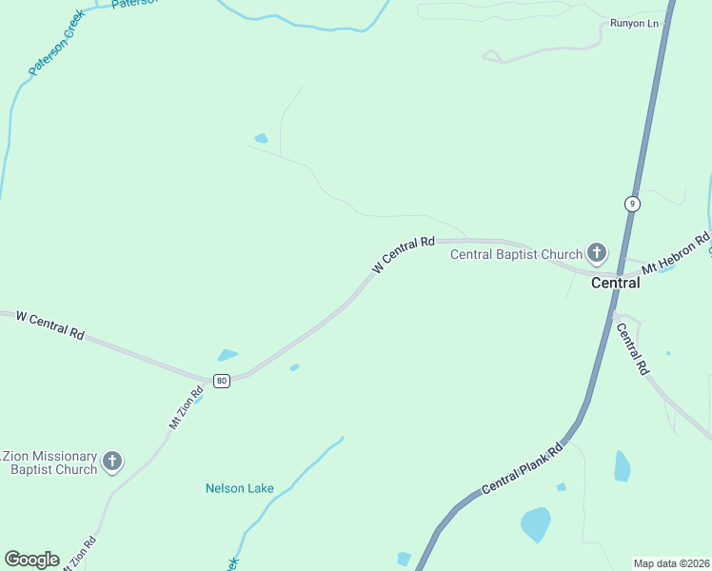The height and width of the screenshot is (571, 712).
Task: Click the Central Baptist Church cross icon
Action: [x=597, y=253]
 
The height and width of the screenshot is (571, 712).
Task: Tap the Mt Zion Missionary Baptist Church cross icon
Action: [x=112, y=463]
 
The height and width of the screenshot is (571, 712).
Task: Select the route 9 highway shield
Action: [x=632, y=204]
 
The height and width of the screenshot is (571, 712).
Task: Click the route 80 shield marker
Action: [x=222, y=381]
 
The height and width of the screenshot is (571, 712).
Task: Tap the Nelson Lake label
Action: [x=240, y=489]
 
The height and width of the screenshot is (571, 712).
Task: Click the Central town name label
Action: [x=615, y=283]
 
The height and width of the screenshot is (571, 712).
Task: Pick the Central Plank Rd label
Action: [x=523, y=468]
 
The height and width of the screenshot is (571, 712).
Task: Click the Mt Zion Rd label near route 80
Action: [x=187, y=407]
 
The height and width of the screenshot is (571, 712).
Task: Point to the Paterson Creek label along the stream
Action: [x=57, y=43]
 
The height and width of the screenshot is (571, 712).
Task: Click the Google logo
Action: [x=31, y=560]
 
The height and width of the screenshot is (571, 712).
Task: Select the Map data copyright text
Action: [x=671, y=563]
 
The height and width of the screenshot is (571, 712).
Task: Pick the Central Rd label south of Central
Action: [x=632, y=349]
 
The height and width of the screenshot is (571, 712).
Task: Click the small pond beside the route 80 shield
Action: [x=227, y=355]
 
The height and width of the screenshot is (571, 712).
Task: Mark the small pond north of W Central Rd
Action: [x=261, y=139]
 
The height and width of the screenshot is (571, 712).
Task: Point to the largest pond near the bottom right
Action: [x=536, y=523]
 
